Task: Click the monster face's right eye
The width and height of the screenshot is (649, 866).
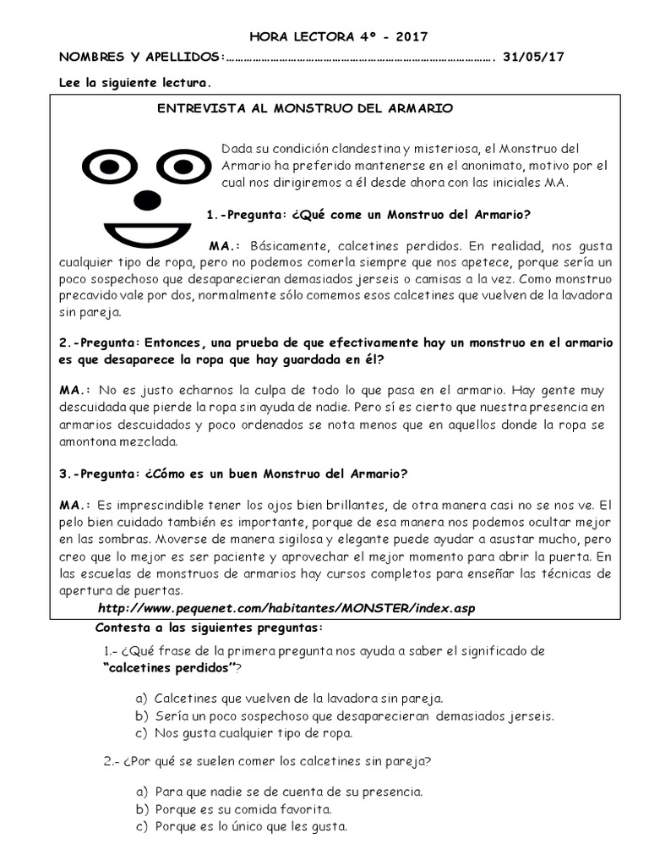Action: [x=183, y=167]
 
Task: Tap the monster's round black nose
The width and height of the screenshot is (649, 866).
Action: [x=147, y=200]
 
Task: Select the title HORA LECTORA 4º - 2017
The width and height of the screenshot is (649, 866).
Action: [x=326, y=36]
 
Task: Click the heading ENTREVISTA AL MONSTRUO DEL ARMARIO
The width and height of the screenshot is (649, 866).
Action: [x=306, y=109]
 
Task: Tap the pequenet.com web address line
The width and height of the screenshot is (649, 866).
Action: [x=281, y=609]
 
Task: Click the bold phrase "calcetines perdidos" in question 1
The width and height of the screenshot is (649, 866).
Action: [x=168, y=668]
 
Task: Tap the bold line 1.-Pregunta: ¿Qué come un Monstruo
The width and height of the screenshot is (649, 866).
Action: [x=368, y=214]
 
